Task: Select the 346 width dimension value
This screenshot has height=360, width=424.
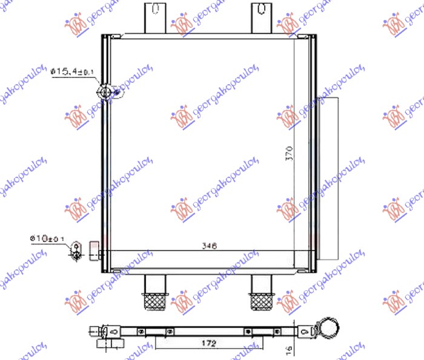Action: pyautogui.click(x=209, y=246)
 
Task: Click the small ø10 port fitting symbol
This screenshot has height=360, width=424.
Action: pyautogui.click(x=76, y=249)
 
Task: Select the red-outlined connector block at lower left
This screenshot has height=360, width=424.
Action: pyautogui.click(x=94, y=249)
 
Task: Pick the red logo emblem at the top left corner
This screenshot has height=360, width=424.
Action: pyautogui.click(x=76, y=24)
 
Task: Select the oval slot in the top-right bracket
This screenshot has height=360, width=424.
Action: pyautogui.click(x=260, y=8)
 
